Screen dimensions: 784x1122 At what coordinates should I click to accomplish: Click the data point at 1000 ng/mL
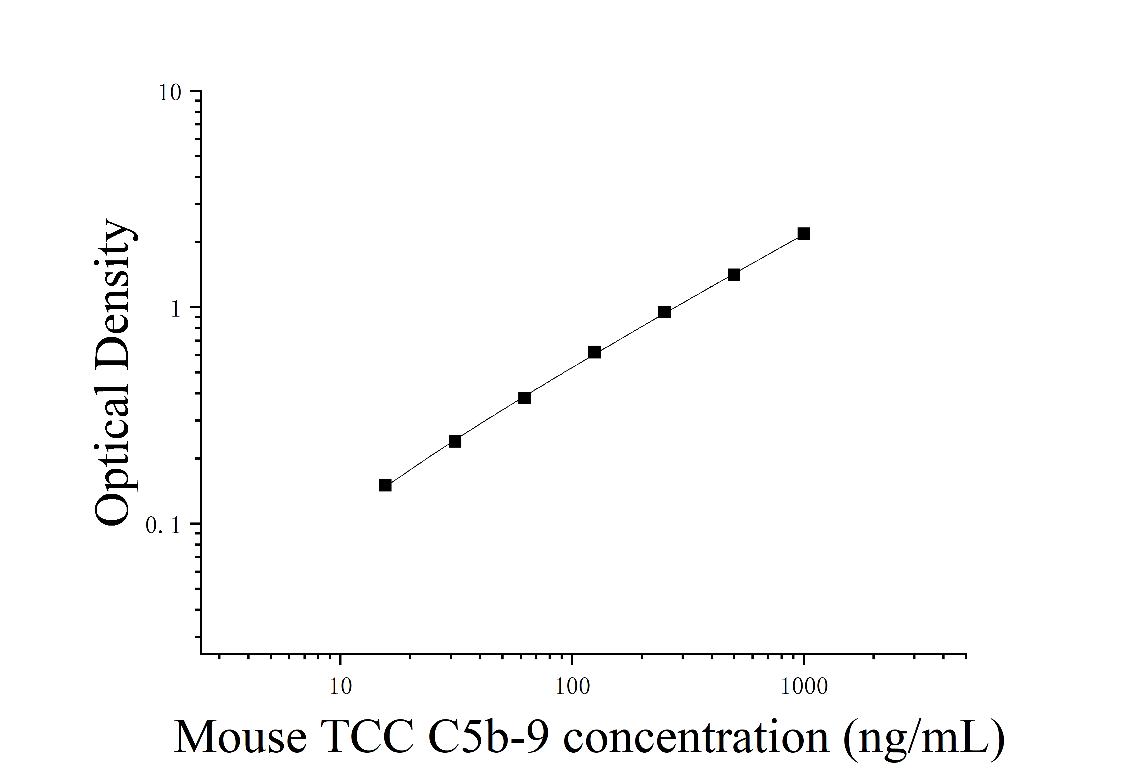803,234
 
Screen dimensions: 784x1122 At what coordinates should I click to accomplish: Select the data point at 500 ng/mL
734,275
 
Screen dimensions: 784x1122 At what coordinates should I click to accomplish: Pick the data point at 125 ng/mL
594,352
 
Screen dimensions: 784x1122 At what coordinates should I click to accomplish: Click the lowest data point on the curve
385,485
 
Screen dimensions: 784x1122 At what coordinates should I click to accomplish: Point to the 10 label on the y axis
170,93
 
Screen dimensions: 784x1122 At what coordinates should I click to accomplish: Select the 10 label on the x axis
340,687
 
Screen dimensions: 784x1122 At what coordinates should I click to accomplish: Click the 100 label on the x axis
572,687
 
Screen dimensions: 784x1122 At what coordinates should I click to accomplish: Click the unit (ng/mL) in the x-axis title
924,738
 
